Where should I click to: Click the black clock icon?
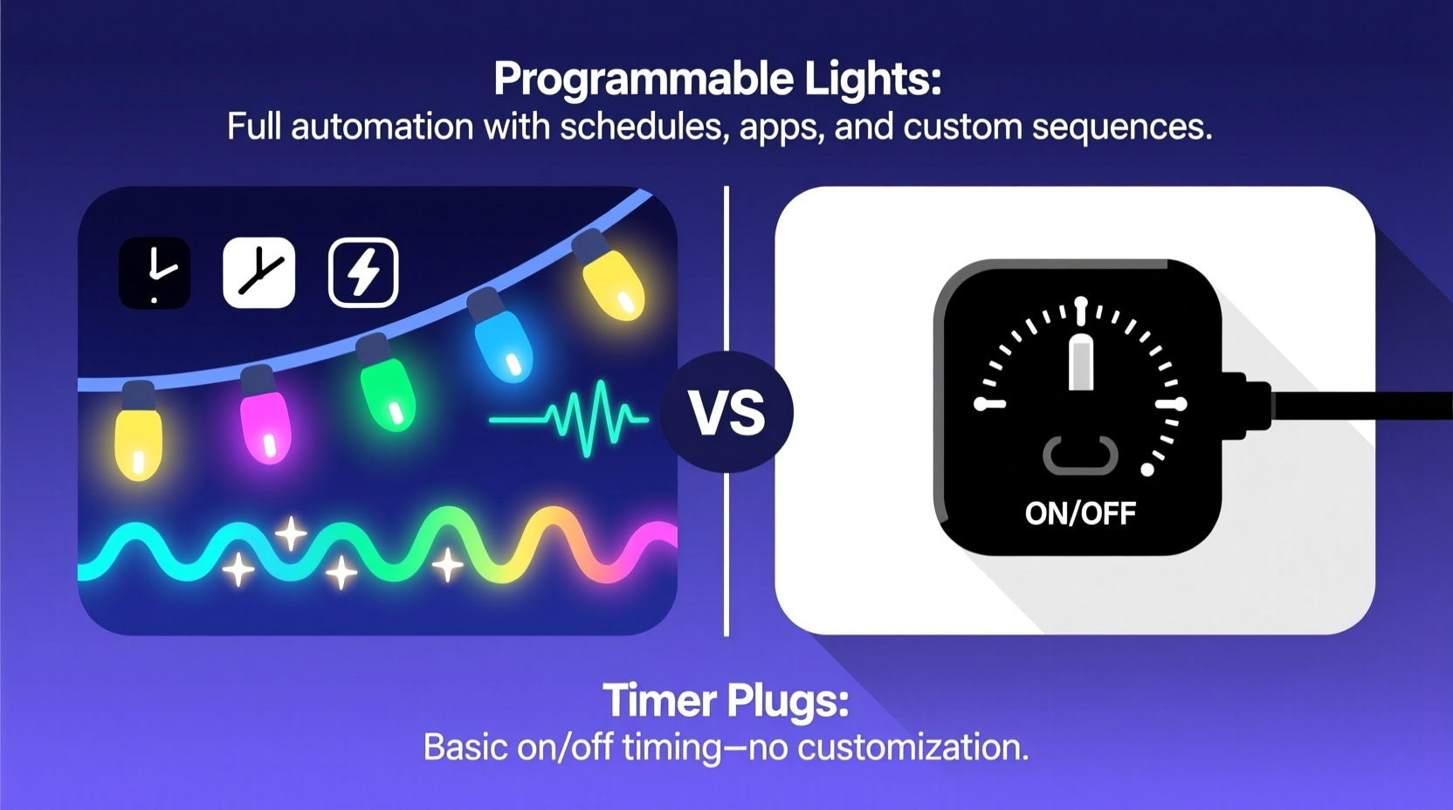[x=155, y=272]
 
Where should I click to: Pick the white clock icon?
[x=259, y=272]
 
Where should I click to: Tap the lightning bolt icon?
[x=363, y=272]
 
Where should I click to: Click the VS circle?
[x=726, y=412]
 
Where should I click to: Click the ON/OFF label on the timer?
[x=1080, y=513]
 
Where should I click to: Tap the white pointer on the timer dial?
[x=1081, y=360]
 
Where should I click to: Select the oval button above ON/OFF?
[x=1080, y=455]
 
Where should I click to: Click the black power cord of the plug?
[x=1362, y=406]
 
